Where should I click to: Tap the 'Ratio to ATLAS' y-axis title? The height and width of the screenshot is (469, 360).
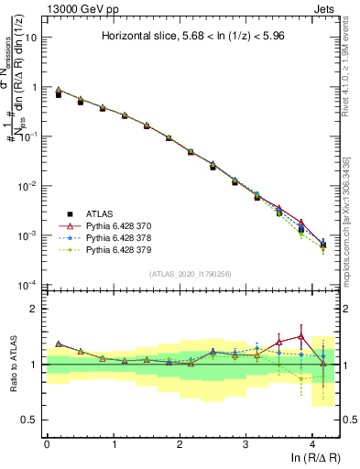11,365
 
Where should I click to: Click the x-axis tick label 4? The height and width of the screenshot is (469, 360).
312,444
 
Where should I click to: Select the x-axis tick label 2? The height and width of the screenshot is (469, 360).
180,444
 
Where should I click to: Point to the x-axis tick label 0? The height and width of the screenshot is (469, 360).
47,444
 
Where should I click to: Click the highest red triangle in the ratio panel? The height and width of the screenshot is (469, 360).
300,336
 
